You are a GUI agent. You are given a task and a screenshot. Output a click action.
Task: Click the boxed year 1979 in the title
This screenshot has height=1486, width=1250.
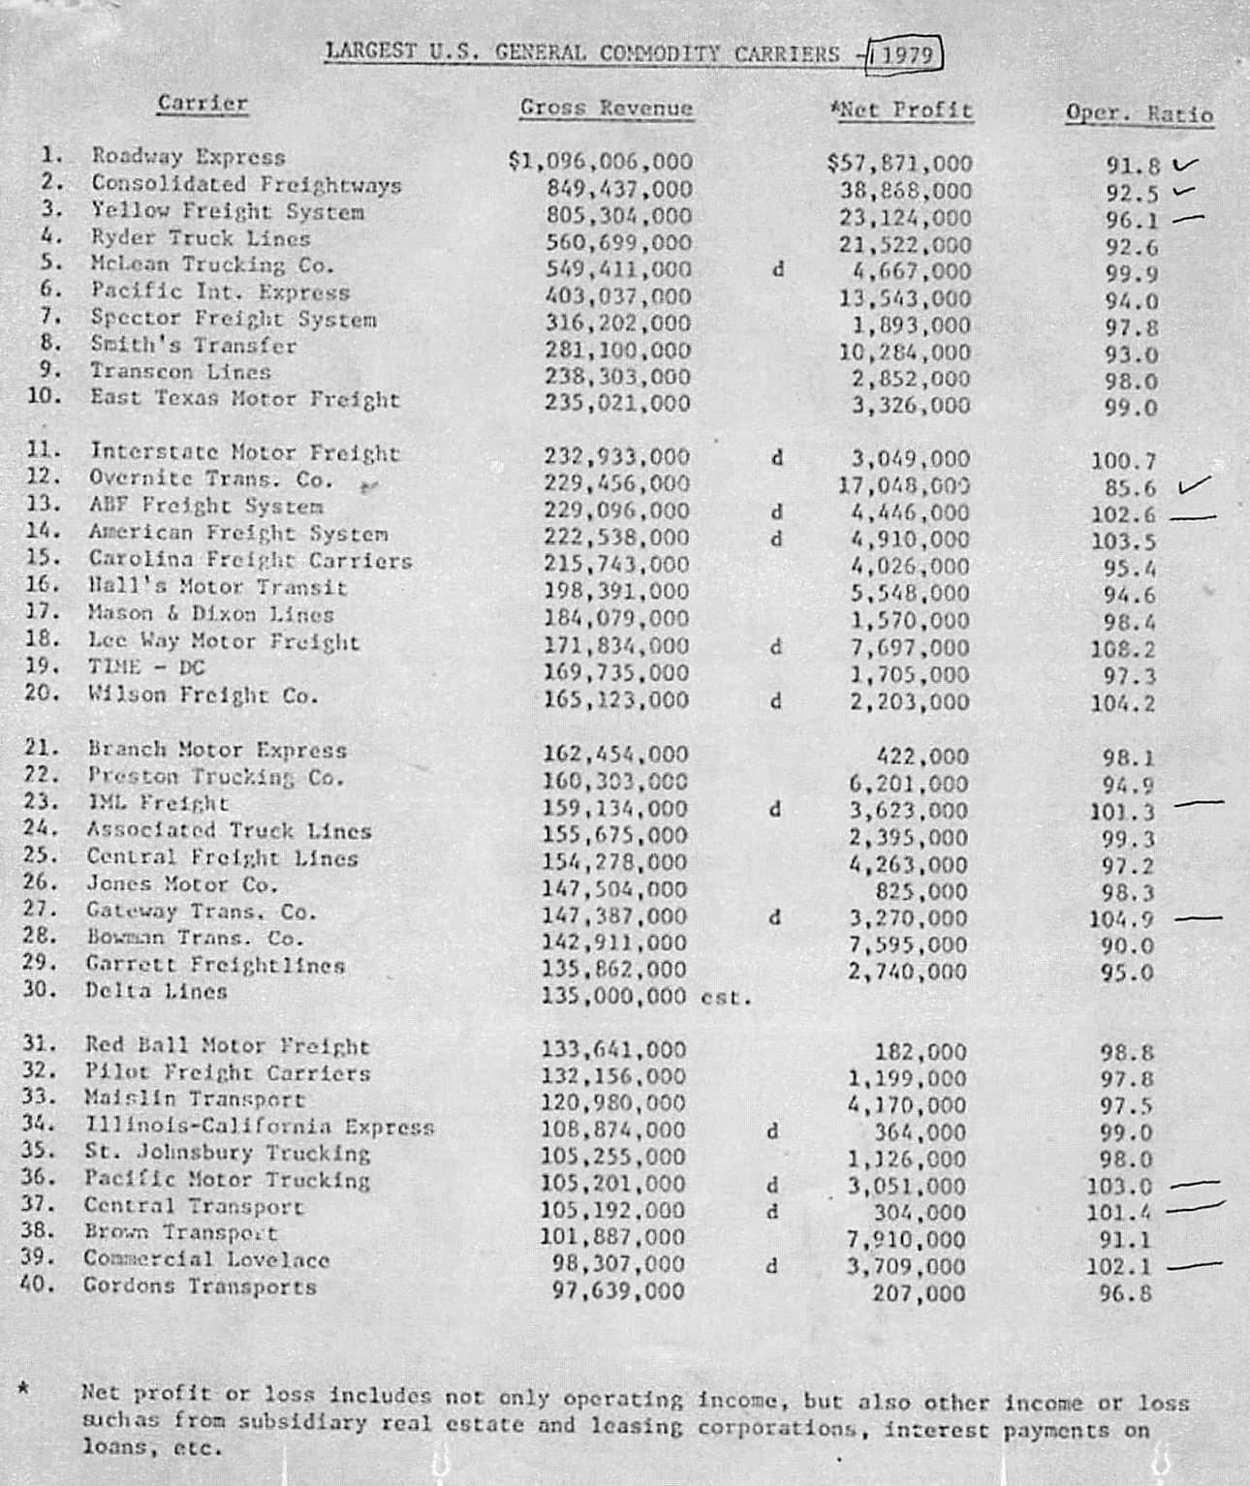[906, 55]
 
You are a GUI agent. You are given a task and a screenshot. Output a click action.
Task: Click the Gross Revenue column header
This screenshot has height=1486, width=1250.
[607, 108]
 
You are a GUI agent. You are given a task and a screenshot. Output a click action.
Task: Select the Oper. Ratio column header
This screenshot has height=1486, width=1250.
[1139, 114]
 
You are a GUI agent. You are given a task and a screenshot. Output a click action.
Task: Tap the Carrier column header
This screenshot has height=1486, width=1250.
[203, 103]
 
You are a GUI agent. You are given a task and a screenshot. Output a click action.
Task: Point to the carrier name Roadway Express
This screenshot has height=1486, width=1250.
[188, 157]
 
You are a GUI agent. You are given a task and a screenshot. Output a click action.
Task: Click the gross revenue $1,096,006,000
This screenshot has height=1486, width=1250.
[601, 162]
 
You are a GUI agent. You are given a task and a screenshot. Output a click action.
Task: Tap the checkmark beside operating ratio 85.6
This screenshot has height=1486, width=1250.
[1194, 484]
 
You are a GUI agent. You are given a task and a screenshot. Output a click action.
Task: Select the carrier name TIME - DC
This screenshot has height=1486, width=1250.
[146, 667]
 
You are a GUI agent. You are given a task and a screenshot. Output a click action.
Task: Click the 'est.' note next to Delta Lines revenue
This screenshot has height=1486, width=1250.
[727, 997]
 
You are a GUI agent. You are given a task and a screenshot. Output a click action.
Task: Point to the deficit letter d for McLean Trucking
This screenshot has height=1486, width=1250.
[777, 270]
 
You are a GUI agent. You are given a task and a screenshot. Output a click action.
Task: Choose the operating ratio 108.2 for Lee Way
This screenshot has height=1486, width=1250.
[1123, 650]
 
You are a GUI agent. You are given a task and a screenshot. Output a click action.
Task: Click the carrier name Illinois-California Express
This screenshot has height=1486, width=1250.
[260, 1127]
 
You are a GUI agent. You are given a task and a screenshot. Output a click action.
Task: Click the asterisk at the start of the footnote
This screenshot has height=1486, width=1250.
[22, 1389]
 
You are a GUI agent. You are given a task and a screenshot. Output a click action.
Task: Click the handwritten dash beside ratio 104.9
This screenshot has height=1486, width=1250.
[1198, 916]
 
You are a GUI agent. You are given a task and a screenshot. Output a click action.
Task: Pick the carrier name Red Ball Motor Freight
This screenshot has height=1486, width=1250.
[227, 1046]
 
